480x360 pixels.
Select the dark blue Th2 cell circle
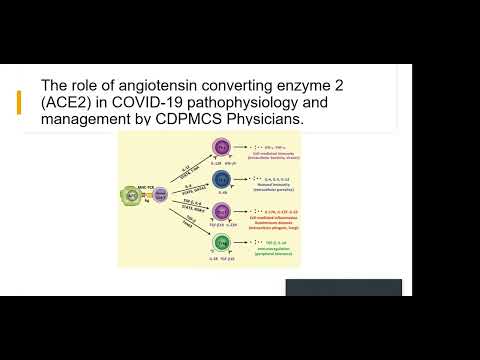[x=221, y=178]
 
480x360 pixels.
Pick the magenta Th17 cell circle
[x=221, y=210]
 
